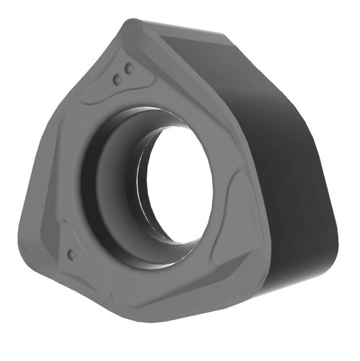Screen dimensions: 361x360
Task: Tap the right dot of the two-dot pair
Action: (x=130, y=69)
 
